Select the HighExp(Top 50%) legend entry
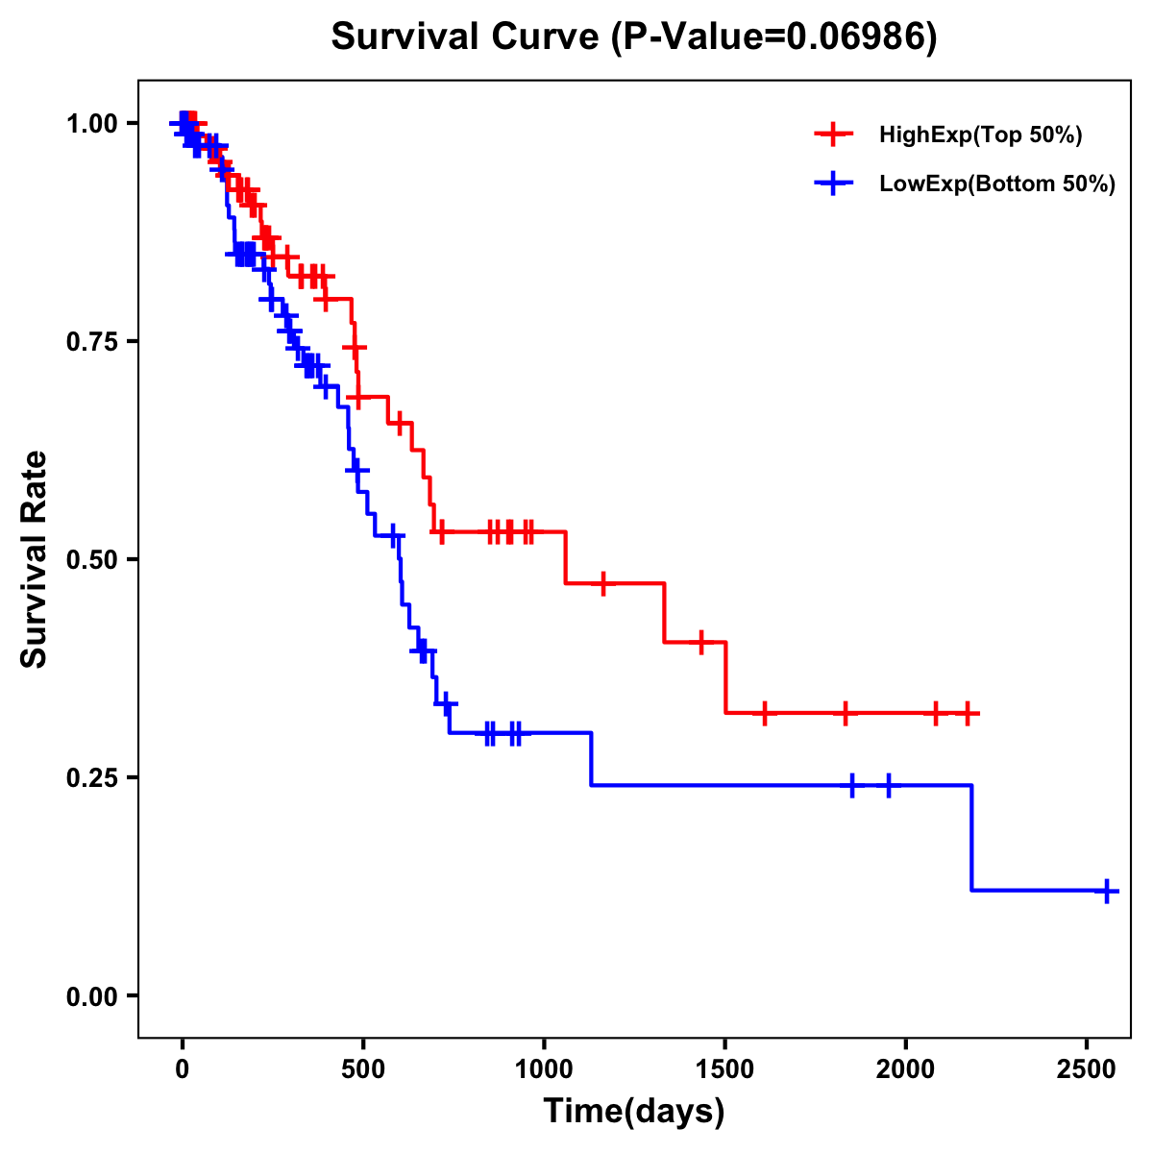click(980, 135)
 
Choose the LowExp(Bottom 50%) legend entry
click(996, 184)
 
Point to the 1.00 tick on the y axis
click(93, 123)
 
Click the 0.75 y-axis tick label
click(93, 341)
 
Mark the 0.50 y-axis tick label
click(93, 559)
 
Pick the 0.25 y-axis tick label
click(93, 777)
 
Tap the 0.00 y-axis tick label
click(93, 995)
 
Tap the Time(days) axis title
click(634, 1112)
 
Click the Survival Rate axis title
click(36, 559)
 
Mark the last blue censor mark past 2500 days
click(1107, 891)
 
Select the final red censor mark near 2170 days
click(969, 713)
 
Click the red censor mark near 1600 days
click(765, 713)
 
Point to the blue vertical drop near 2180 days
click(971, 838)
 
